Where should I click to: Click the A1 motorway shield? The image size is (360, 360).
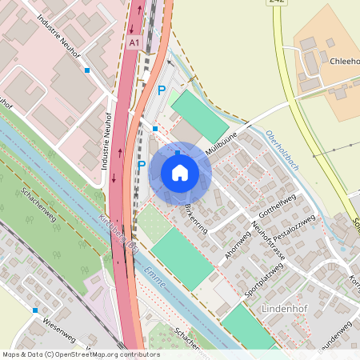(134, 42)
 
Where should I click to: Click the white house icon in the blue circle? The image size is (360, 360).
(180, 173)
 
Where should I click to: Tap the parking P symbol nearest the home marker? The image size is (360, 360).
(142, 166)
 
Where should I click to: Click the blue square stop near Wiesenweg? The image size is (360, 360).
(35, 310)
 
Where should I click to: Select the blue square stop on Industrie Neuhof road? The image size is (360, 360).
(87, 70)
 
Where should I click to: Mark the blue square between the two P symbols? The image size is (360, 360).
(155, 128)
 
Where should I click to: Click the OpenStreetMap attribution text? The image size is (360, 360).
(81, 354)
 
